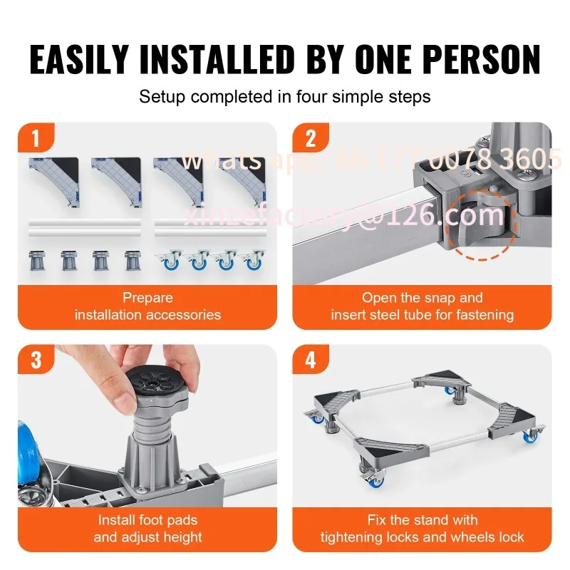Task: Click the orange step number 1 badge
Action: [x=36, y=138]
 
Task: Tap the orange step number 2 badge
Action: [x=311, y=138]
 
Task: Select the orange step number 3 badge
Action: [x=36, y=360]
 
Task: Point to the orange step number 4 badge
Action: [x=311, y=360]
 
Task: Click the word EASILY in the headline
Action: [x=79, y=60]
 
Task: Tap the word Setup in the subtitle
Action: [x=162, y=98]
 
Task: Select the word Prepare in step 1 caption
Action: [x=147, y=298]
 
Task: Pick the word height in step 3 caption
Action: [x=182, y=537]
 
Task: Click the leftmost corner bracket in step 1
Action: [x=54, y=181]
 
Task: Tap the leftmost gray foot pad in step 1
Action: [x=36, y=260]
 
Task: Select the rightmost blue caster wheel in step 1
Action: [x=254, y=260]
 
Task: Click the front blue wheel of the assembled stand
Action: [x=375, y=482]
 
